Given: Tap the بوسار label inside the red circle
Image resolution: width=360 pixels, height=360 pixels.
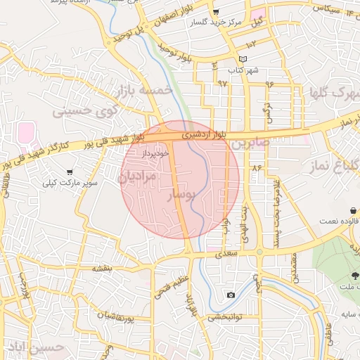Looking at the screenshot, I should pyautogui.click(x=183, y=194).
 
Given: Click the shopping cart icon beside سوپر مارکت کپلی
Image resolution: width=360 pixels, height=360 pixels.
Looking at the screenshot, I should pyautogui.click(x=70, y=172).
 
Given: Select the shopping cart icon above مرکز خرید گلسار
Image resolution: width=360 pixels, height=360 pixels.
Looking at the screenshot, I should pyautogui.click(x=217, y=12).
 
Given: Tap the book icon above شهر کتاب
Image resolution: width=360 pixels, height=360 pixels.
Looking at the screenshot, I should pyautogui.click(x=243, y=58).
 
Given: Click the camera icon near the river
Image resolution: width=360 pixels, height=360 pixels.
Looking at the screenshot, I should pyautogui.click(x=231, y=295).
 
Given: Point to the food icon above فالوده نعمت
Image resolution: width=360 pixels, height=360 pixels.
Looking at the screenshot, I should pyautogui.click(x=352, y=210).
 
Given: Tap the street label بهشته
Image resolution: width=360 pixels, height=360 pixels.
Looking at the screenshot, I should pyautogui.click(x=103, y=269).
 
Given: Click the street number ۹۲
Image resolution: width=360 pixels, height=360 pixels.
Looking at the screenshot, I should pyautogui.click(x=222, y=84).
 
